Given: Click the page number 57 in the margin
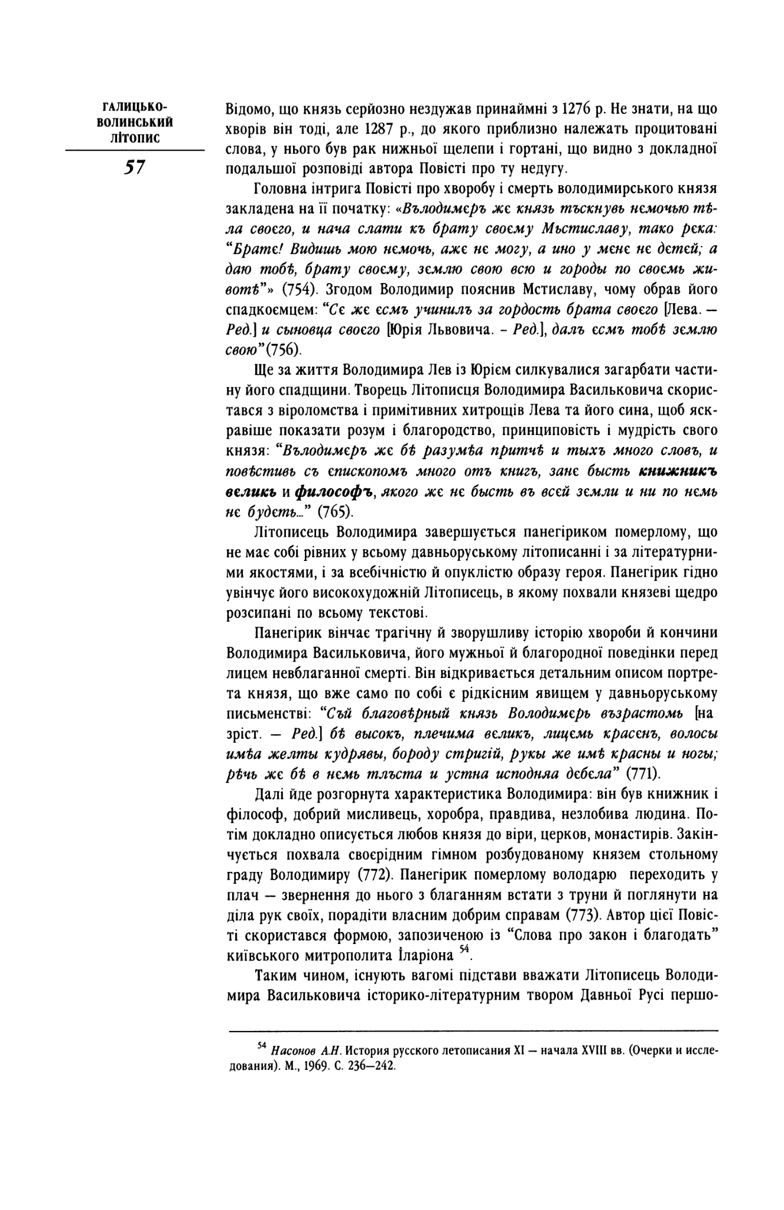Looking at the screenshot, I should point(134,168).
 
